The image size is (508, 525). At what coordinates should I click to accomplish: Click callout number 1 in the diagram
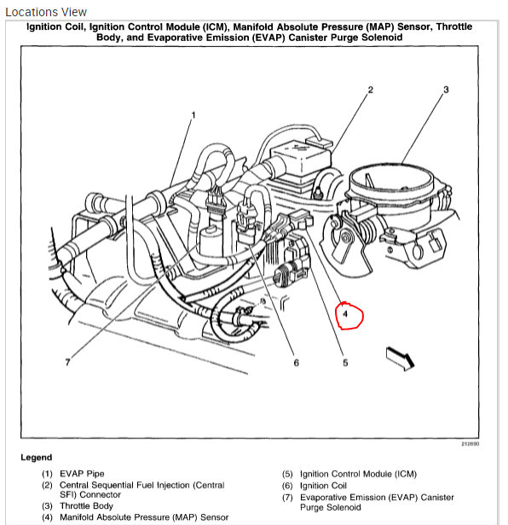pos(193,115)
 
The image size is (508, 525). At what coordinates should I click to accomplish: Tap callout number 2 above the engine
pos(371,90)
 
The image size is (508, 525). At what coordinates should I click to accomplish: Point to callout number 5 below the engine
pos(345,363)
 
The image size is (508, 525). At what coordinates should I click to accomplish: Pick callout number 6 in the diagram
pos(296,363)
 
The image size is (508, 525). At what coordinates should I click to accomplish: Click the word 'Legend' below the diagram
pos(36,458)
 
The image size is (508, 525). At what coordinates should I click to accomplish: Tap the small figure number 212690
pos(470,443)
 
